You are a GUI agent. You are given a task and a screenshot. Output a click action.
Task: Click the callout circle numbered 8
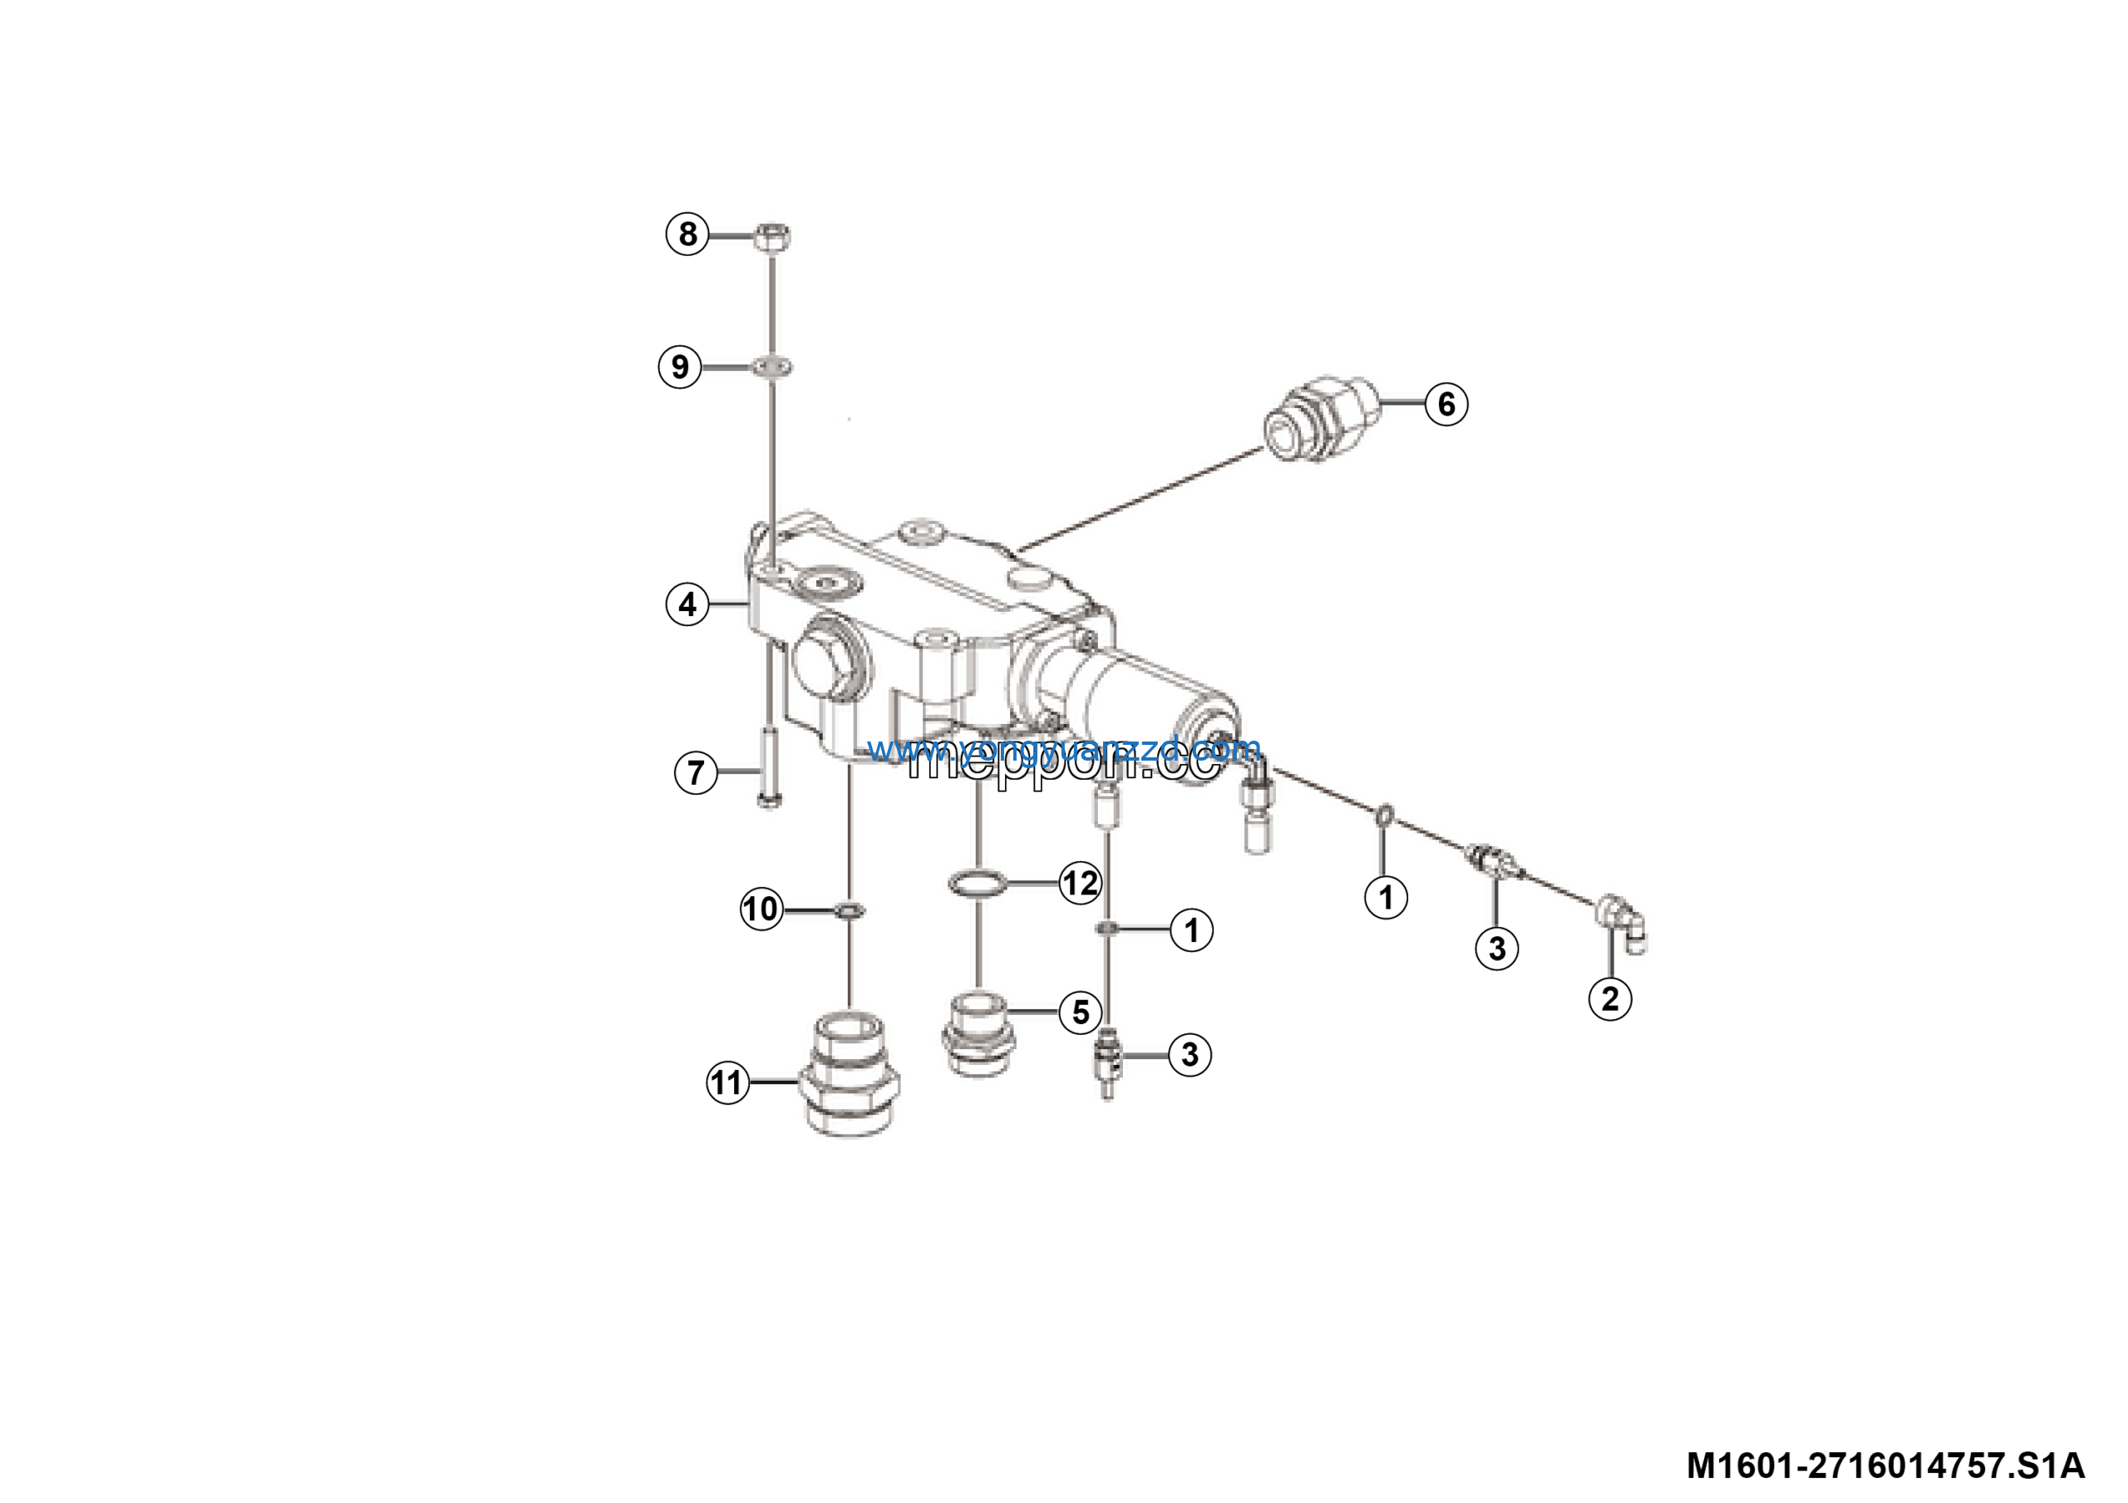click(x=687, y=234)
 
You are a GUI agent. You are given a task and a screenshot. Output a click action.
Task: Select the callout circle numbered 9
click(x=679, y=367)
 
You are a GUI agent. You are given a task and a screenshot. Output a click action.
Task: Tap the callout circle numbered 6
click(x=1446, y=404)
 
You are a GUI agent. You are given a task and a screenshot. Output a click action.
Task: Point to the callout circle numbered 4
click(x=687, y=604)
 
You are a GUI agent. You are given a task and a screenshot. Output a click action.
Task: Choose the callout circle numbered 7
click(x=695, y=772)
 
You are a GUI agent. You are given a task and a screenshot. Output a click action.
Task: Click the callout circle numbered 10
click(x=761, y=909)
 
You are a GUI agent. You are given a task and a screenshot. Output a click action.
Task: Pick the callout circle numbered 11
click(x=727, y=1082)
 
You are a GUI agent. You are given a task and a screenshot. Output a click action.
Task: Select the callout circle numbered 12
click(x=1081, y=883)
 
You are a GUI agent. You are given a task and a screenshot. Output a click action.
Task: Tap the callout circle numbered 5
click(x=1081, y=1012)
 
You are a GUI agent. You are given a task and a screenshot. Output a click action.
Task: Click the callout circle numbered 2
click(x=1610, y=999)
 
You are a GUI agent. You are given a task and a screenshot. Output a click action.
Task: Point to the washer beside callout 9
click(x=772, y=367)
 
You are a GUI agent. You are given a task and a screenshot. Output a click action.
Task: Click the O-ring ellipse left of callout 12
click(x=977, y=883)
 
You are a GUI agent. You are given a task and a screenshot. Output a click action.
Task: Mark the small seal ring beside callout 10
click(x=850, y=911)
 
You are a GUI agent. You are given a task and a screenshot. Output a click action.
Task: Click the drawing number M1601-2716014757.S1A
click(x=1885, y=1465)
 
